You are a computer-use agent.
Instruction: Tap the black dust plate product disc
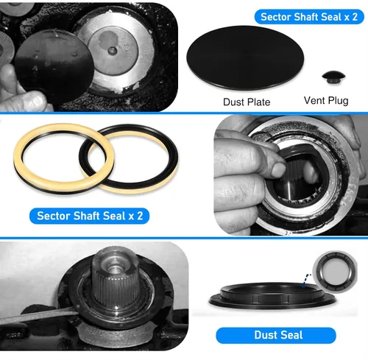tap(245, 57)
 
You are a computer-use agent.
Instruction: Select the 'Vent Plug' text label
tap(326, 101)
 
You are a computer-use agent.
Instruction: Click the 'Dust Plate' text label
tap(247, 102)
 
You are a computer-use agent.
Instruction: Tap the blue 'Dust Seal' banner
tap(276, 335)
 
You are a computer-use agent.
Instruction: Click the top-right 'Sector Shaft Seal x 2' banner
tap(309, 17)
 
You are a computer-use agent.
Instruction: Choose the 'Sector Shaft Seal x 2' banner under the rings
tap(89, 216)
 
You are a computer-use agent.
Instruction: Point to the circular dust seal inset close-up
tap(335, 271)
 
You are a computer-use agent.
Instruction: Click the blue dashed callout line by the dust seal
tap(306, 280)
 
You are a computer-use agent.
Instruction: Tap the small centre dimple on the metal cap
tap(113, 51)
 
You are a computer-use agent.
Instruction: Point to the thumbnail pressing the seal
tap(279, 169)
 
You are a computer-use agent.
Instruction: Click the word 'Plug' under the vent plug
tap(338, 101)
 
